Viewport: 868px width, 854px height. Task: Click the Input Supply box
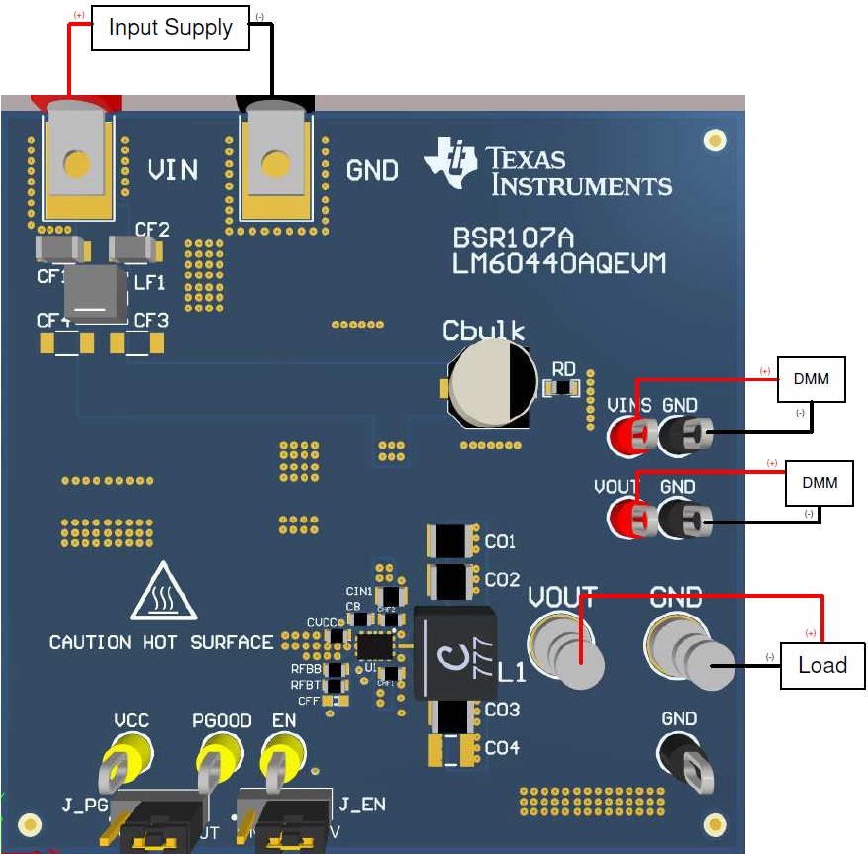[170, 28]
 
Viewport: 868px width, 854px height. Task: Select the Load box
[821, 665]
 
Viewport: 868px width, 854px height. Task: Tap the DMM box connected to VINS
[812, 379]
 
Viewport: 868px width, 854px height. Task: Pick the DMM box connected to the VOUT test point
[819, 483]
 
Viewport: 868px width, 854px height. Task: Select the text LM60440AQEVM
[559, 264]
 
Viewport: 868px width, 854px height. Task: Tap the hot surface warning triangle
[161, 595]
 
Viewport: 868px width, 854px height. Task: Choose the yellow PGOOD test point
[213, 767]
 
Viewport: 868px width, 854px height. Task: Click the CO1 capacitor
[452, 542]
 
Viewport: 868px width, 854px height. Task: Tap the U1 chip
[375, 646]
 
